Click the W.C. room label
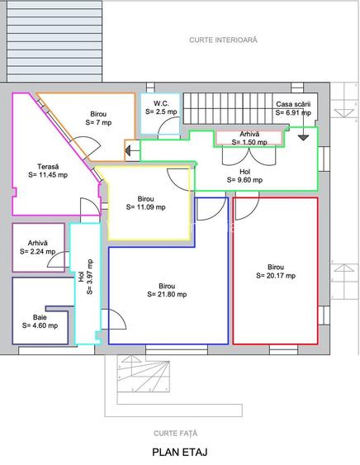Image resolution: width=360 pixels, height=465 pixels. [x=161, y=103]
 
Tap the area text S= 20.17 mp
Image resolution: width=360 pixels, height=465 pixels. [x=276, y=276]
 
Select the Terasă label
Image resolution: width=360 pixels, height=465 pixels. [x=48, y=166]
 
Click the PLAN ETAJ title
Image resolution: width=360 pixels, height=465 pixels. [x=180, y=453]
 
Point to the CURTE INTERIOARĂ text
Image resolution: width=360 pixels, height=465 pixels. [x=223, y=40]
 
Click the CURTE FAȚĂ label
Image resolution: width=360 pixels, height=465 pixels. [x=176, y=434]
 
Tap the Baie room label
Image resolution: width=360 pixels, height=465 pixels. [x=40, y=317]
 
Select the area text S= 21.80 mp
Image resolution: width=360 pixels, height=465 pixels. [x=167, y=294]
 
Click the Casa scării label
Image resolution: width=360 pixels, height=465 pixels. [x=293, y=104]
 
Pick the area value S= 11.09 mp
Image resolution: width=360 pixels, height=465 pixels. [x=145, y=207]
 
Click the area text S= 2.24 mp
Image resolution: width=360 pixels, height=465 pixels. [x=38, y=251]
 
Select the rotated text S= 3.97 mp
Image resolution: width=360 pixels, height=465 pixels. [x=90, y=277]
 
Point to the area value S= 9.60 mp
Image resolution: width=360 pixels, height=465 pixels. [x=244, y=180]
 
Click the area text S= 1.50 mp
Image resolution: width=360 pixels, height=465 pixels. [x=249, y=142]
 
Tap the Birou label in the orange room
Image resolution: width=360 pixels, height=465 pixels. [x=98, y=114]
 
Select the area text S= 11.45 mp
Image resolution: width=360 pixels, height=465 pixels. [x=48, y=174]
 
